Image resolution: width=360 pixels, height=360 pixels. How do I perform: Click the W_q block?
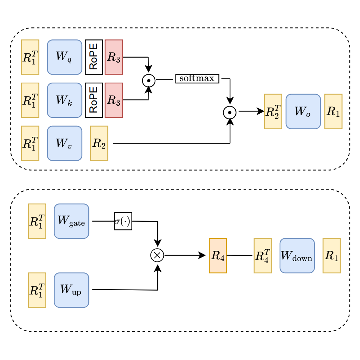tap(64, 57)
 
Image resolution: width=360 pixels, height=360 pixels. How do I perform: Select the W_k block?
tap(64, 100)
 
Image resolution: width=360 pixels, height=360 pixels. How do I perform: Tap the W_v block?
tap(64, 143)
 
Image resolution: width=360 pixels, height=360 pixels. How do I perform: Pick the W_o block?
tap(303, 111)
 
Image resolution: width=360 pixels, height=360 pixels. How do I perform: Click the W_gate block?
tap(71, 221)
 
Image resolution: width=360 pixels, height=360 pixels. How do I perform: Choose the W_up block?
tap(71, 290)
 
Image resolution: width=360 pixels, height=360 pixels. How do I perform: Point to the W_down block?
tap(297, 255)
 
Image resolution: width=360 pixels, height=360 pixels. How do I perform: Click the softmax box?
tap(197, 78)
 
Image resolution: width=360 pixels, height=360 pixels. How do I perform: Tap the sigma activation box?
tap(123, 221)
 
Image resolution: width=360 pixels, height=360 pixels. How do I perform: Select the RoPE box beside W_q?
tap(94, 57)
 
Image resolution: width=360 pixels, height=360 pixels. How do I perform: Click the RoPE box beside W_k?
tap(94, 100)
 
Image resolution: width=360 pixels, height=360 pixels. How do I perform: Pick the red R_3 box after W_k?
tap(114, 100)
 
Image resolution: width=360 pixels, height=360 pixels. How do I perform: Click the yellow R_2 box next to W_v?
tap(99, 143)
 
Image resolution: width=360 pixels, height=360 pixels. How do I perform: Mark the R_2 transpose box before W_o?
tap(273, 111)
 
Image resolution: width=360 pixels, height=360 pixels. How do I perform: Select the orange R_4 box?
tap(218, 255)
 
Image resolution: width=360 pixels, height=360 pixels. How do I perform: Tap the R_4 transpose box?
tap(263, 255)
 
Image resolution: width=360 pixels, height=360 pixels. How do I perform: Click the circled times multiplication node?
tap(157, 255)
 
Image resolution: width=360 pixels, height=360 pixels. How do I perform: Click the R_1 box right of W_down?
tap(332, 255)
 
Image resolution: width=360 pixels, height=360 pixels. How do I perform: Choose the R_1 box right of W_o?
tap(333, 111)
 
